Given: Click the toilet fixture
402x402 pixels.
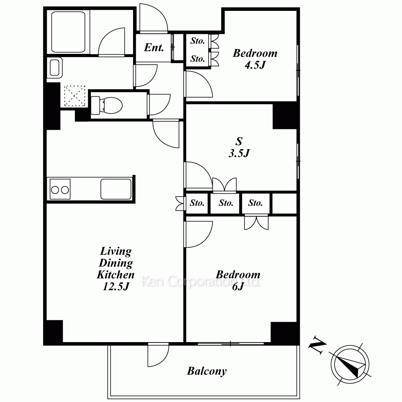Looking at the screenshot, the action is coord(107,105).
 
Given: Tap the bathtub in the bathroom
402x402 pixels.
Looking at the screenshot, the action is coord(68,32).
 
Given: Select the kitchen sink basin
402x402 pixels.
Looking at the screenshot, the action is coord(116,189).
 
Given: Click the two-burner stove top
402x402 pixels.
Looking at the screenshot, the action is coord(60,189).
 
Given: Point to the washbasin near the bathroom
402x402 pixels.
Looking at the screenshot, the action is coord(54,68).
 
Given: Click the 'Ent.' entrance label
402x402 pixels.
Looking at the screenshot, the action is coord(154,47).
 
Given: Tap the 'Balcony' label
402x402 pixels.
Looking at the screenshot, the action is coord(207,371).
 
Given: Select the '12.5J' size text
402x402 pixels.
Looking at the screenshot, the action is coord(116,286).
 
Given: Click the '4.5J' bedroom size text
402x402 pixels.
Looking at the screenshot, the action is coord(255,65).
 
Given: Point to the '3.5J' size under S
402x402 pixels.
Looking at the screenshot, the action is coord(239,153).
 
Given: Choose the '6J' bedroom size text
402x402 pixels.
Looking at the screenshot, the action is coord(238,286).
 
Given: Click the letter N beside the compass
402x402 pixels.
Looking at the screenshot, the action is coord(317,345).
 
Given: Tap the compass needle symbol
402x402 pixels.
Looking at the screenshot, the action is coord(350,364).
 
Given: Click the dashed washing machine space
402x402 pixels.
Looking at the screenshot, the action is coord(75,96).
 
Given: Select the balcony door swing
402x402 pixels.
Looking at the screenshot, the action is coord(158,355).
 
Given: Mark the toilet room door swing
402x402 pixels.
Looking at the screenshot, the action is coord(159,105).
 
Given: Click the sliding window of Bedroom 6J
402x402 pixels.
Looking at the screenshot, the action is coord(231,344).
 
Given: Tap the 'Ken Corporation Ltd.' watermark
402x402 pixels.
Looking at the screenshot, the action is coord(201,281).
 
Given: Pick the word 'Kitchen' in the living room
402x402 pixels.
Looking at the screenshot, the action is coord(116,275).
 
